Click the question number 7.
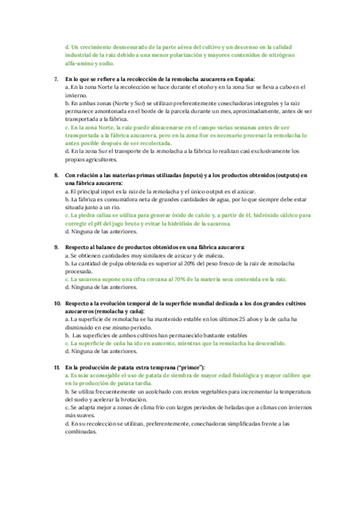(x=56, y=79)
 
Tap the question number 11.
(x=56, y=367)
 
